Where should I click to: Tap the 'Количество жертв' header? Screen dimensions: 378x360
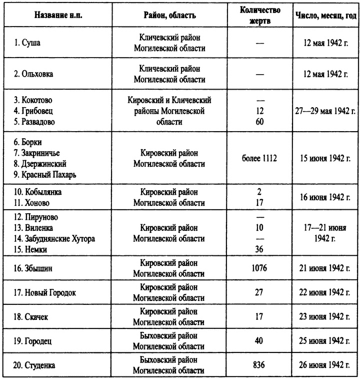click(x=259, y=15)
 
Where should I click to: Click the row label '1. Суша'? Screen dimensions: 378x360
click(x=28, y=43)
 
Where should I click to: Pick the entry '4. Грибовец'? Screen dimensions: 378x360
click(x=34, y=111)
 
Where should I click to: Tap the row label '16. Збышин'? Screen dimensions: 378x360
click(x=32, y=268)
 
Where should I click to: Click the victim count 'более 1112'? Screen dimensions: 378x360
click(x=259, y=158)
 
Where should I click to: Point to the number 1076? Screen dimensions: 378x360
click(x=259, y=268)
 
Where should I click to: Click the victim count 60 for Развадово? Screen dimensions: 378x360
click(x=259, y=121)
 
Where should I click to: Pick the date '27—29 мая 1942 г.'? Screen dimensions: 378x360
click(x=325, y=111)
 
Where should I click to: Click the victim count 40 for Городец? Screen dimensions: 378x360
click(x=259, y=340)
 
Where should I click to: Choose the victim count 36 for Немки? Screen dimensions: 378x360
click(x=259, y=250)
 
